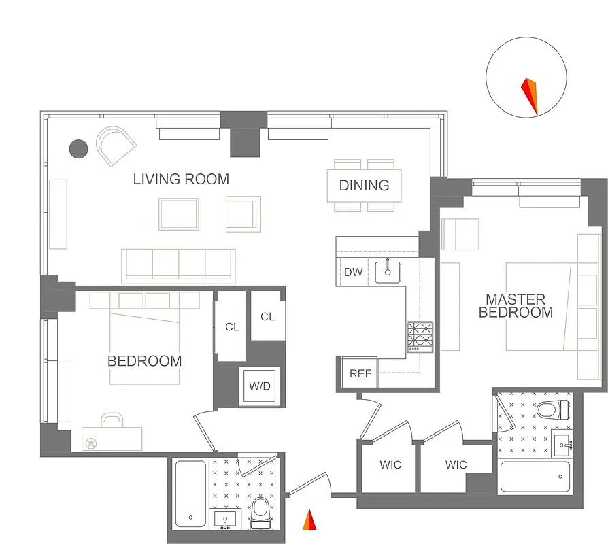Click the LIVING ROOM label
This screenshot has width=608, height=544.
point(181,180)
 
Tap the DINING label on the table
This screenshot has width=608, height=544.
point(364,185)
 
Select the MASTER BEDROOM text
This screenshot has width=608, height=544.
point(516,305)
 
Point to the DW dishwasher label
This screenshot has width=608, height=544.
point(353,273)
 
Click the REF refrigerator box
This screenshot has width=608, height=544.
point(360,373)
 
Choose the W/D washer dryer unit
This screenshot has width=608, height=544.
point(259,386)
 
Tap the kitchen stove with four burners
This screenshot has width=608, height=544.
point(420,336)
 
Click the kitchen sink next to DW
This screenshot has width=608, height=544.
point(388,271)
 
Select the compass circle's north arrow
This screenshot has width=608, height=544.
point(530,96)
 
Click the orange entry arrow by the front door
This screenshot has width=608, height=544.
point(309,520)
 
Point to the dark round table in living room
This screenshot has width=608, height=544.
point(80,148)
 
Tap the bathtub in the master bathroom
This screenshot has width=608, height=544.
point(535,477)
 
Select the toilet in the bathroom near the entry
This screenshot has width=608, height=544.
point(260,512)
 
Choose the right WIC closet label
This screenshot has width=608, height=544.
point(456,465)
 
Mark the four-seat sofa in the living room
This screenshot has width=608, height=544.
point(178,265)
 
